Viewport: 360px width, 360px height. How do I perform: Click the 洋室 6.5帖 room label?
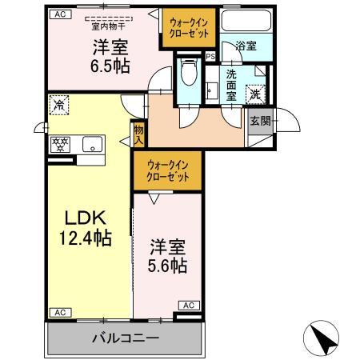point(104,57)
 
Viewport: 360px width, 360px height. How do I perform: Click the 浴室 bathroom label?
point(246,46)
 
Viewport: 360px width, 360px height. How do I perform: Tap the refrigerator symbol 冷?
point(59,103)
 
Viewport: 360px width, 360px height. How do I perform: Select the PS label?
point(210,57)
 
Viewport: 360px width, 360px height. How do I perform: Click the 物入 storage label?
point(138,134)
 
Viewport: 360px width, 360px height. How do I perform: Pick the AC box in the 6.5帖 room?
point(59,14)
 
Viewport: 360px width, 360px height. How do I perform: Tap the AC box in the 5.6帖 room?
point(189,305)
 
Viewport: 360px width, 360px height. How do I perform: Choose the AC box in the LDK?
point(58,312)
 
